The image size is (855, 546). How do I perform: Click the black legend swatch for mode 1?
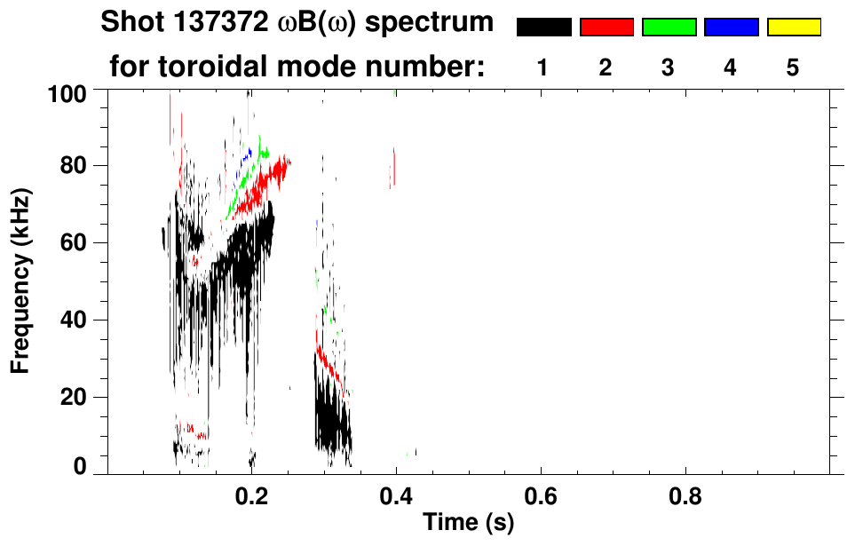tap(543, 28)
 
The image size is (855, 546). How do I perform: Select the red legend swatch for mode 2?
tap(606, 28)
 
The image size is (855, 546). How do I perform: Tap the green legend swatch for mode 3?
tap(669, 28)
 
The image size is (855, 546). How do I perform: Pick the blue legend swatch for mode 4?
tap(731, 28)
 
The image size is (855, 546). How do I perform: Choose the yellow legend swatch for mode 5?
tap(793, 28)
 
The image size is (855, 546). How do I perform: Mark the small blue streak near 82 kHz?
tap(248, 154)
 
